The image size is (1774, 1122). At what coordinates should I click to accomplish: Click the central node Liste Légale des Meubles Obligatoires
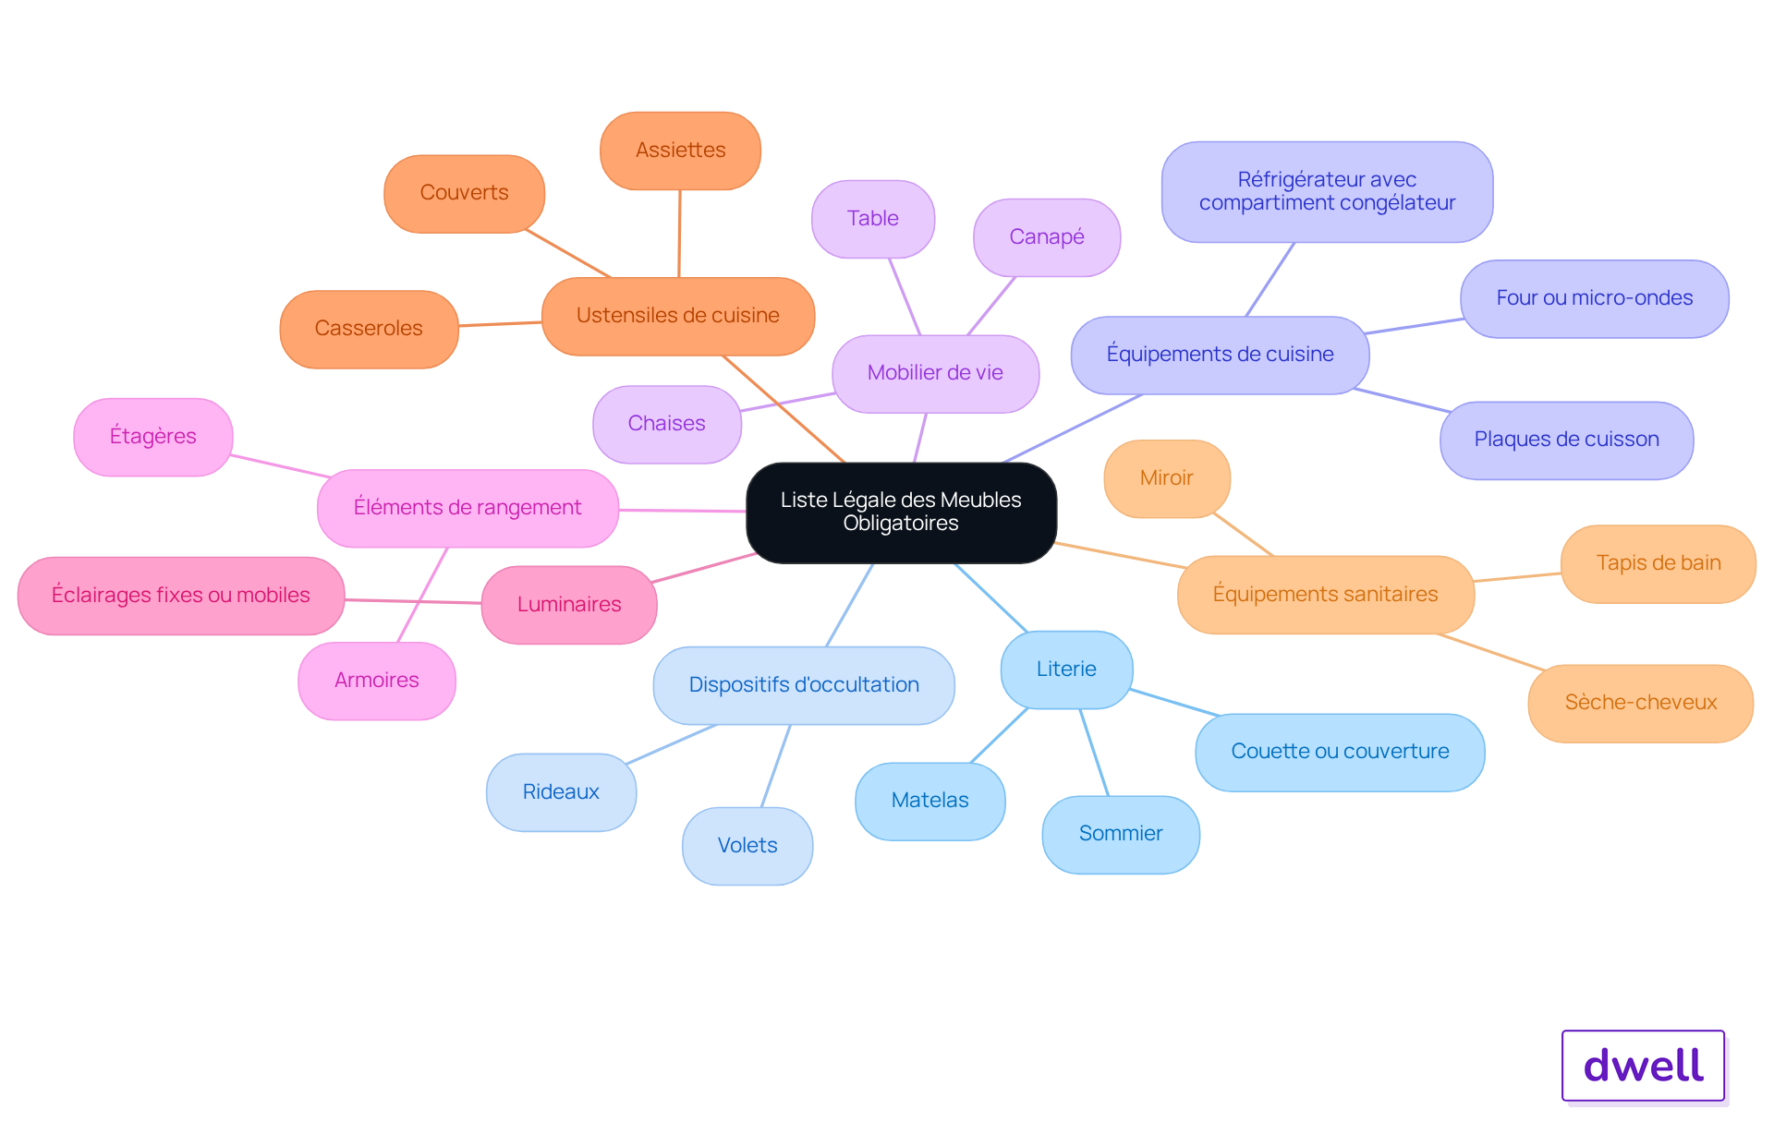click(901, 513)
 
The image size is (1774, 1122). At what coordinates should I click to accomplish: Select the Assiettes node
click(680, 151)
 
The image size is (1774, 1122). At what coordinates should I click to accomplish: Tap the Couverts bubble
click(464, 193)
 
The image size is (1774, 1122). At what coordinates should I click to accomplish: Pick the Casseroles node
click(369, 329)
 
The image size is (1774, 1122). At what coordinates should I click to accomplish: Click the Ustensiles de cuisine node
click(678, 316)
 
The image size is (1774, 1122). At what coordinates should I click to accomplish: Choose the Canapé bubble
click(1047, 237)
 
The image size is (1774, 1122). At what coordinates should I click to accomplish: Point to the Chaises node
click(666, 424)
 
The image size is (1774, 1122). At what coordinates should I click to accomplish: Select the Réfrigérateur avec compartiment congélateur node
click(1327, 192)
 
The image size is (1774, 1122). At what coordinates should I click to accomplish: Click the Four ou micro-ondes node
click(1594, 298)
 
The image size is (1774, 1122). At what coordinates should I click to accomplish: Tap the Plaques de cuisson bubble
click(1566, 440)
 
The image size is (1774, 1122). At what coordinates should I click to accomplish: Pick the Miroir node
click(1167, 478)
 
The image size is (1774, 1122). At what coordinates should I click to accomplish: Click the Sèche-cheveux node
click(1640, 703)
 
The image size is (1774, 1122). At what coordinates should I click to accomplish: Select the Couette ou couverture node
click(1340, 752)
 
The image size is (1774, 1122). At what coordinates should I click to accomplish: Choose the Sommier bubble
click(1121, 834)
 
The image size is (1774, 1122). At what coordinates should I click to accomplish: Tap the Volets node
click(747, 846)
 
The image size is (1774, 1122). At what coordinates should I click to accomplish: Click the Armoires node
click(377, 681)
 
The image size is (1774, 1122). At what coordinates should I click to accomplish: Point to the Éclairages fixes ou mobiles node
click(181, 596)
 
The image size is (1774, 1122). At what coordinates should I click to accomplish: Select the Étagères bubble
click(153, 437)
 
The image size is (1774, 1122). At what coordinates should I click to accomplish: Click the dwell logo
click(1643, 1066)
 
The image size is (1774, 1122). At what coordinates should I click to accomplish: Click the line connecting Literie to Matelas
click(999, 735)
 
